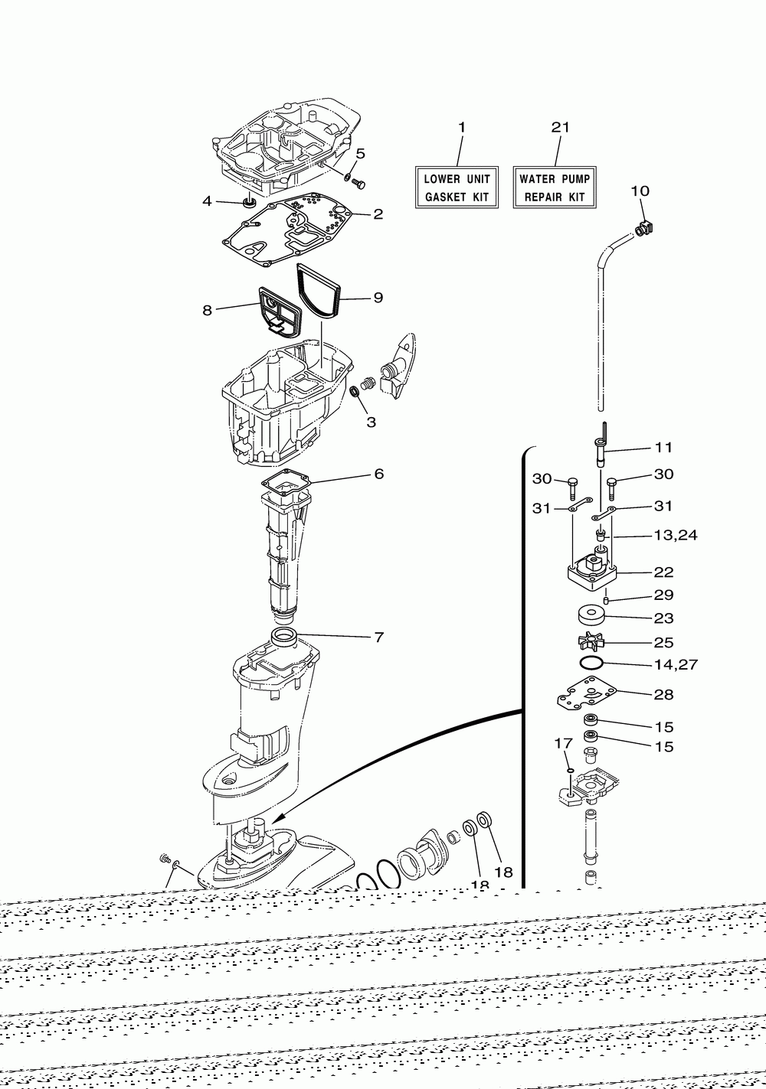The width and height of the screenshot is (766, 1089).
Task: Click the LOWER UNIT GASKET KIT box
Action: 457,187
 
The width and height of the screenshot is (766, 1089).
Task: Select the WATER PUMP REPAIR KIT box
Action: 555,187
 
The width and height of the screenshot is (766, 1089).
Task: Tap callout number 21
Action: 561,127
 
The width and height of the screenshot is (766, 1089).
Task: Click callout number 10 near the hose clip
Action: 640,190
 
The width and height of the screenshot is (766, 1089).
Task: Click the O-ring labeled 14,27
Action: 591,663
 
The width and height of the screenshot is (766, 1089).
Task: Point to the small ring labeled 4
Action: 250,203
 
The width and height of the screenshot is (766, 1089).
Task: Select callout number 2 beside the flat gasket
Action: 378,214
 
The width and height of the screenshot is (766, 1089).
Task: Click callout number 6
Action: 378,474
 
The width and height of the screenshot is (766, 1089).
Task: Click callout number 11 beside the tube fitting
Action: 663,447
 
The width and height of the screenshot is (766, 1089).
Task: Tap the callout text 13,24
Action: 675,535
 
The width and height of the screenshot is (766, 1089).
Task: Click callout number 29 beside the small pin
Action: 663,595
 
